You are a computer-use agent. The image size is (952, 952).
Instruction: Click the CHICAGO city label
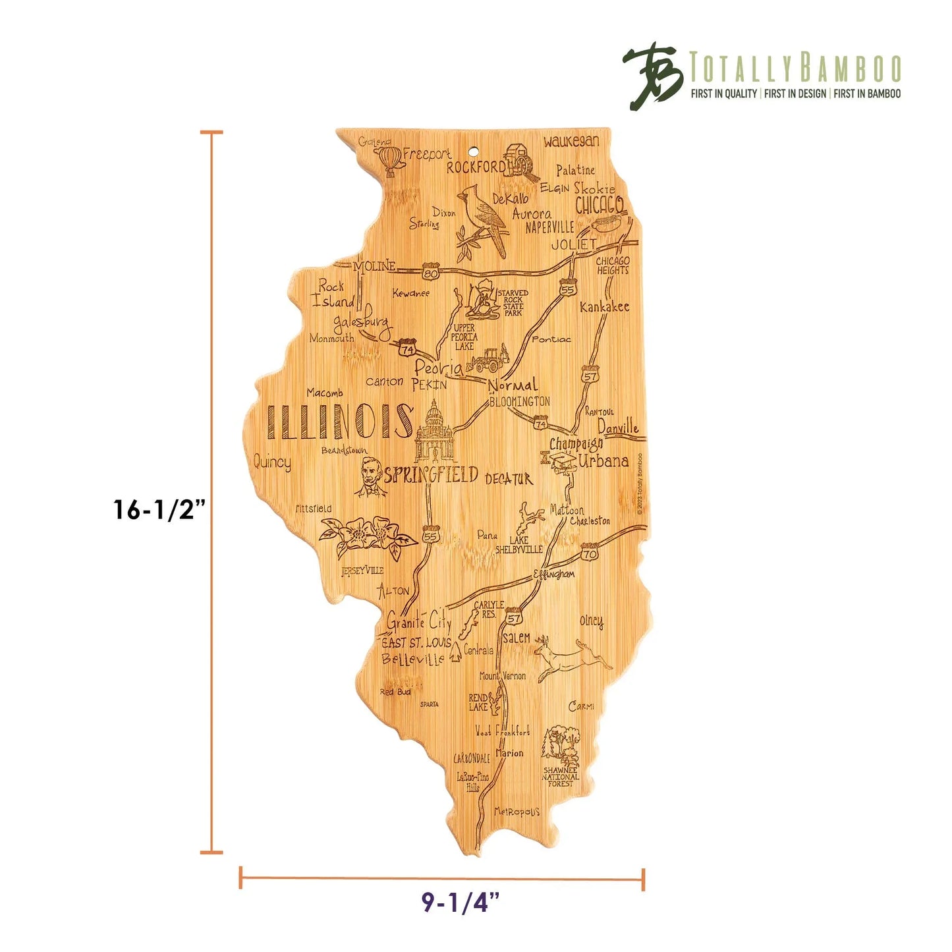click(x=599, y=204)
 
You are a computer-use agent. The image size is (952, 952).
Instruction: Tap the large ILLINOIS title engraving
click(x=339, y=422)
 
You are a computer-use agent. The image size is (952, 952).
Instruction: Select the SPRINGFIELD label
click(x=431, y=475)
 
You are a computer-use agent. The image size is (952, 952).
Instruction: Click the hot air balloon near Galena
click(x=389, y=160)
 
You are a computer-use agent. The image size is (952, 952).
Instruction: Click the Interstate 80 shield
click(x=431, y=271)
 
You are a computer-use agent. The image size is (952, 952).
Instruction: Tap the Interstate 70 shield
click(x=590, y=552)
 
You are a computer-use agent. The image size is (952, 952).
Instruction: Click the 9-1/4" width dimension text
click(x=461, y=902)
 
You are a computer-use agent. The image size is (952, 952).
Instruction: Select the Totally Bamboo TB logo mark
click(x=652, y=76)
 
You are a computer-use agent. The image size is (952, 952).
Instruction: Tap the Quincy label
click(x=272, y=462)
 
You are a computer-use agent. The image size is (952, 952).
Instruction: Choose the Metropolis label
click(x=517, y=812)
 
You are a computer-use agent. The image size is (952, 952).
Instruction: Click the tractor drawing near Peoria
click(x=488, y=360)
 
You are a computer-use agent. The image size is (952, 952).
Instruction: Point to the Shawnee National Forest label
click(x=561, y=777)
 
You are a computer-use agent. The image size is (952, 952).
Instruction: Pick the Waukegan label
click(x=571, y=141)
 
